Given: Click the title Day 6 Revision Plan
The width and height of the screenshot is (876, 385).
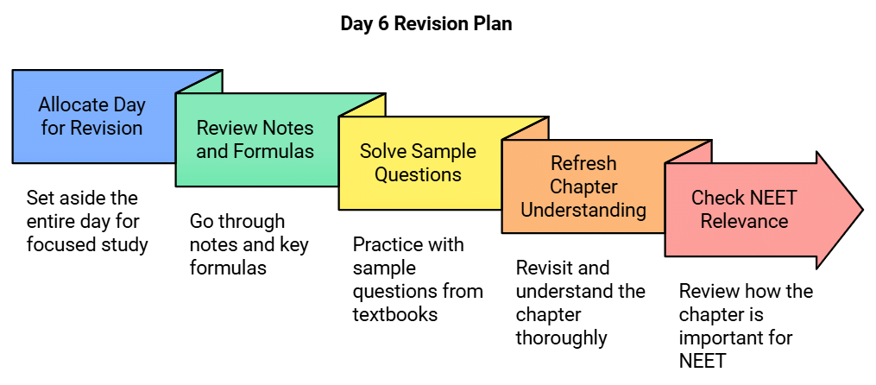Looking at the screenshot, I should (425, 24).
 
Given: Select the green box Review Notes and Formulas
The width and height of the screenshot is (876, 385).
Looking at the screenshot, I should (255, 141).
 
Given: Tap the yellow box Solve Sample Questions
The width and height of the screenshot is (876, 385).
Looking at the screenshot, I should (418, 163).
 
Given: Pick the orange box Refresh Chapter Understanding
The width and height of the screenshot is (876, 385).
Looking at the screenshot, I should (583, 186).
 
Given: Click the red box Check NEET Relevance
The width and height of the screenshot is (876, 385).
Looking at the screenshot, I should (744, 210).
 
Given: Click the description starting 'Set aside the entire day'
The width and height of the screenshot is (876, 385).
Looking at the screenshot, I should (87, 221).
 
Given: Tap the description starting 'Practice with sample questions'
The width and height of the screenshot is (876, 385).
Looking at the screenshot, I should (418, 279).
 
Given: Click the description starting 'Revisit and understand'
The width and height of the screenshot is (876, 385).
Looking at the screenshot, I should (581, 302).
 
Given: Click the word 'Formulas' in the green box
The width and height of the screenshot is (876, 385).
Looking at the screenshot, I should (279, 152).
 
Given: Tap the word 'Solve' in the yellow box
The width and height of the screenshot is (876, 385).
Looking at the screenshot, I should (382, 151).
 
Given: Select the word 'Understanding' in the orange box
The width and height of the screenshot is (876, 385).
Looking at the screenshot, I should (583, 210).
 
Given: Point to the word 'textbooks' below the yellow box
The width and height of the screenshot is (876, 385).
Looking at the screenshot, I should (395, 314).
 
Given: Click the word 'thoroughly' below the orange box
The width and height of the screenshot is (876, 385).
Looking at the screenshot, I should (562, 338).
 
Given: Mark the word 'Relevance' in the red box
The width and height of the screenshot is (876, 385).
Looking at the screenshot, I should (744, 221).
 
